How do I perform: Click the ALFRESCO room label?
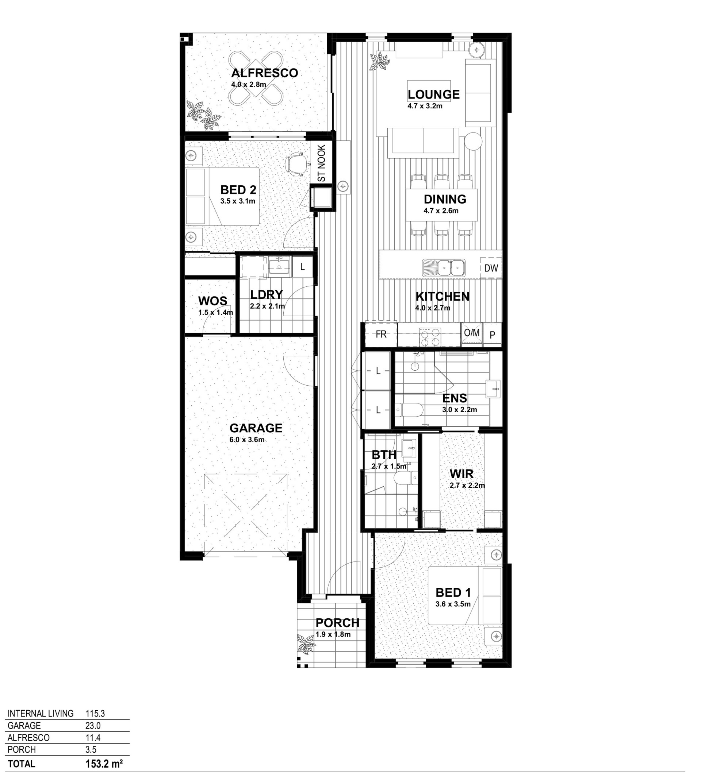[264, 73]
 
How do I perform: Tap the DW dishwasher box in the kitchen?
[491, 268]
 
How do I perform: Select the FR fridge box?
[381, 335]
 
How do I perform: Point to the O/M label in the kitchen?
[472, 332]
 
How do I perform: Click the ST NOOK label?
[322, 163]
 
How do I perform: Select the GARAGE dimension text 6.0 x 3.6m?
[247, 440]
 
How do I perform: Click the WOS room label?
[212, 301]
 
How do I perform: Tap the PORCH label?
[337, 623]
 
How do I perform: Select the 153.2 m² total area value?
[104, 764]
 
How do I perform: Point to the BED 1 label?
[453, 592]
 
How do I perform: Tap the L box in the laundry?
[302, 266]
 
